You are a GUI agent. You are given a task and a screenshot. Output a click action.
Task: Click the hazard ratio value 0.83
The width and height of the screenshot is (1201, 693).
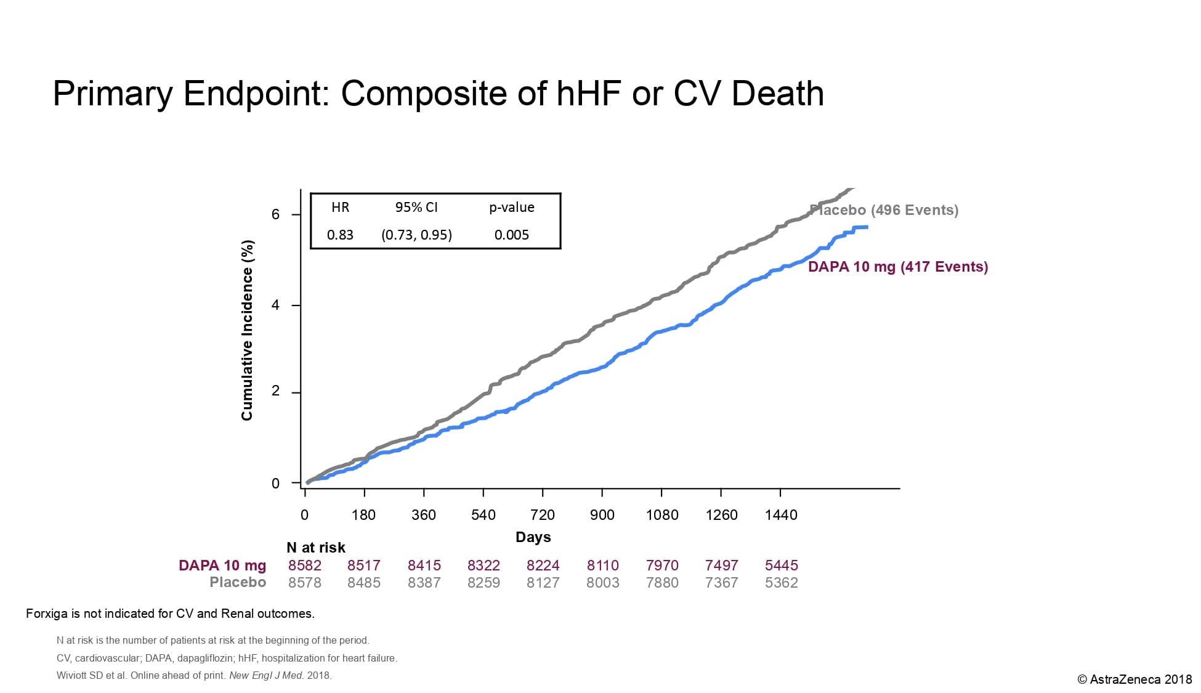pos(340,235)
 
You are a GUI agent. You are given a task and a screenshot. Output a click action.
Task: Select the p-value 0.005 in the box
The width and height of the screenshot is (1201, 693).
pos(511,235)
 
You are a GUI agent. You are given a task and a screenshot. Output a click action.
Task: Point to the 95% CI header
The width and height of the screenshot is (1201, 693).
pos(416,207)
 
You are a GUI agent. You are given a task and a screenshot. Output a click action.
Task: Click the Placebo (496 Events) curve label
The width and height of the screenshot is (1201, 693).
pos(884,210)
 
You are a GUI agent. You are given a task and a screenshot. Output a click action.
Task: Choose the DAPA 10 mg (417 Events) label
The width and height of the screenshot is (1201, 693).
pos(897,267)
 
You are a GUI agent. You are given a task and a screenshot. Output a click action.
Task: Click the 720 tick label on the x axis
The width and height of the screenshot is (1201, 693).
pos(542,515)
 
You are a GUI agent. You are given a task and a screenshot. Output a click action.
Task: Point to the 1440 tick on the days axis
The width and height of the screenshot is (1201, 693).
pos(780,515)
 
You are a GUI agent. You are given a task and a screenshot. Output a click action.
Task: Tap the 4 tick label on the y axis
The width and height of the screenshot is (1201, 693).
pos(275,306)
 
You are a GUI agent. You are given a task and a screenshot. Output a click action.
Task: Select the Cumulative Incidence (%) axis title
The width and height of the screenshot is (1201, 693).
pos(247,330)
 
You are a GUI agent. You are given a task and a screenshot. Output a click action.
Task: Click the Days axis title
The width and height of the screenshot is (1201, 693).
pos(533,537)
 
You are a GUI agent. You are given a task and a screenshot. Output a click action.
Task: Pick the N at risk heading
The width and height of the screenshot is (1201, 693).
pos(316,548)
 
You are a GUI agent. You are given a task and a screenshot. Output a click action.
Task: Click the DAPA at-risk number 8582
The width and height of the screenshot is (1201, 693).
pos(305,565)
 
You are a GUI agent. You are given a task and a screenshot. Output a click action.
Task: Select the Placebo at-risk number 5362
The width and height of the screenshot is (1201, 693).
pos(781,583)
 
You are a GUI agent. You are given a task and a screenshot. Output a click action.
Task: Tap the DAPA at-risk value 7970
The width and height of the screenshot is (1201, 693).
pos(662,565)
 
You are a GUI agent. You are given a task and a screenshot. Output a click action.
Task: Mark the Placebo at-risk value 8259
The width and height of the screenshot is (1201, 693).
pos(483,583)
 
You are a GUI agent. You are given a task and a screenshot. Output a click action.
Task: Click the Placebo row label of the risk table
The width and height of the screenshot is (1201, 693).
pos(238,583)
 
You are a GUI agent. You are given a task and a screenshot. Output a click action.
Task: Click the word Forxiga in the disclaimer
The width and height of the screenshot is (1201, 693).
pos(47,614)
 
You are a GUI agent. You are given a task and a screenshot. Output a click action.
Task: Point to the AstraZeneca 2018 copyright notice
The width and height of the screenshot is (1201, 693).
pos(1134,679)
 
